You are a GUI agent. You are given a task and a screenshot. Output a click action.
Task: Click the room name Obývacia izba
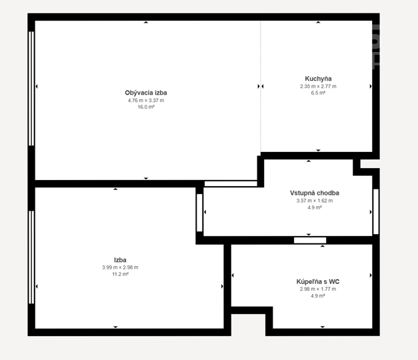[146, 93]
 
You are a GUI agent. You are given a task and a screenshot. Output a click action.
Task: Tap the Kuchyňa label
[318, 79]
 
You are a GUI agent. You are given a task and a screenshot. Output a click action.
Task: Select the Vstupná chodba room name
[315, 193]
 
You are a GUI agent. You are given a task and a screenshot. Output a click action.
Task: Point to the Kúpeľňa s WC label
[318, 281]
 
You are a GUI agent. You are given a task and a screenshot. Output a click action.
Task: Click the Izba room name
[120, 260]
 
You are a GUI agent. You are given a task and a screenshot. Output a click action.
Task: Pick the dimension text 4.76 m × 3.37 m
[146, 101]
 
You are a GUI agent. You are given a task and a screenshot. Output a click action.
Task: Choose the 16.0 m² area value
[146, 107]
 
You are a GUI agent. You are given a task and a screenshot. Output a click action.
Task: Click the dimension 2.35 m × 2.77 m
[318, 87]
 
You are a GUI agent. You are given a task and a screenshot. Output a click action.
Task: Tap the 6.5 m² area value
[318, 93]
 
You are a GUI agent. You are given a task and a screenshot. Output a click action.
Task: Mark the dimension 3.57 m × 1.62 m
[315, 201]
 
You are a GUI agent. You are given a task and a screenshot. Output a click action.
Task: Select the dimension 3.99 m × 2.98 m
[120, 267]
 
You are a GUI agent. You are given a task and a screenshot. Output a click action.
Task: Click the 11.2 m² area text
[120, 274]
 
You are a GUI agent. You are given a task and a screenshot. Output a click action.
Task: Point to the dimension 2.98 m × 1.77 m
[318, 289]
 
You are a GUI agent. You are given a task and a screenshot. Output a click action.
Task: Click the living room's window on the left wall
[31, 89]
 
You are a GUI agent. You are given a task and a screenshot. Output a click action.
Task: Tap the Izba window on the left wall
[31, 257]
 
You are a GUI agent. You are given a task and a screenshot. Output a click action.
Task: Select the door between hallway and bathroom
[310, 240]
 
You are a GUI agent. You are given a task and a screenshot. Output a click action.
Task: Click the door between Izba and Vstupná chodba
[199, 213]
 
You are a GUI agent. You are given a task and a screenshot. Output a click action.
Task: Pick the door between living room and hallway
[231, 183]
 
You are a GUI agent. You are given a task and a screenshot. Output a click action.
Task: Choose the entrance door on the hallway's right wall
[376, 212]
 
